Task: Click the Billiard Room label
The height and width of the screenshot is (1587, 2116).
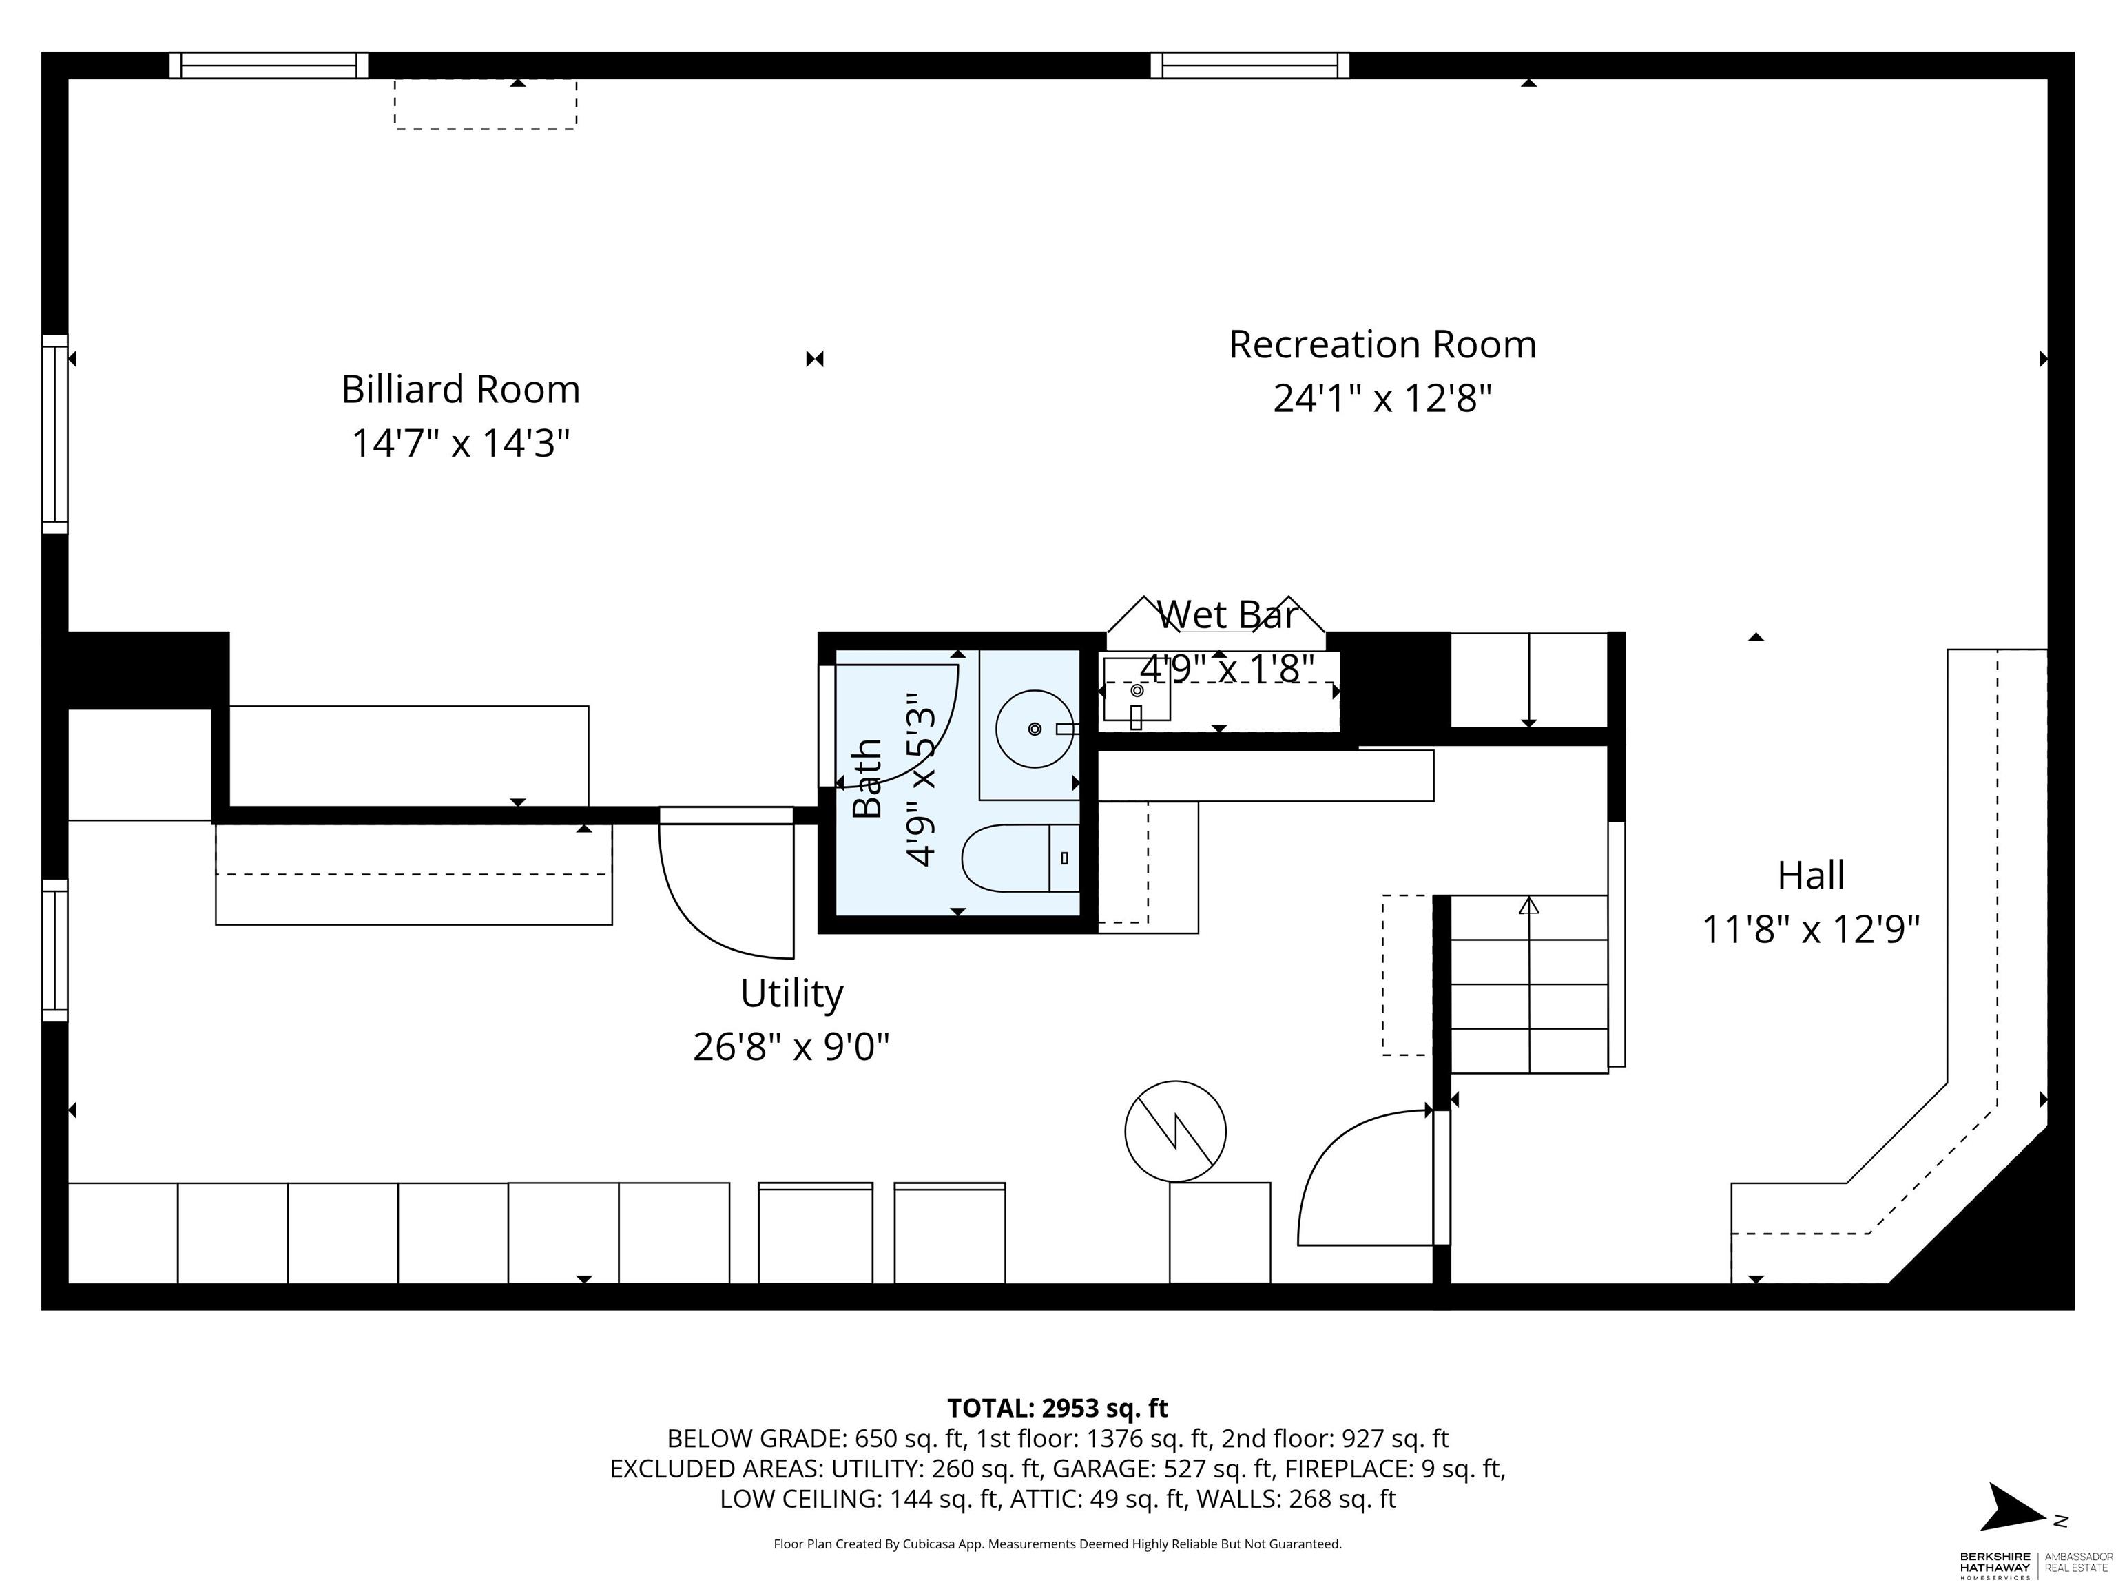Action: pos(460,389)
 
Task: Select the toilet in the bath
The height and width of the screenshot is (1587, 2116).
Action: pos(1021,858)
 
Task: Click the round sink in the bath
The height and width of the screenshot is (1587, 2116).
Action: pos(1034,729)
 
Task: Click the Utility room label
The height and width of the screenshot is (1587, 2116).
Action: pos(791,993)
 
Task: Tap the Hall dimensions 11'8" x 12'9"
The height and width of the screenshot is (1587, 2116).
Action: pos(1811,930)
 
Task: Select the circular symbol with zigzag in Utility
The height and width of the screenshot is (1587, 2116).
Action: pos(1174,1131)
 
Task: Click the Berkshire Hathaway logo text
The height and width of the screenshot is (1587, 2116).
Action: pos(1995,1563)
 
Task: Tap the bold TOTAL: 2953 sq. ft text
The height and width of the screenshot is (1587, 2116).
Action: pos(1057,1408)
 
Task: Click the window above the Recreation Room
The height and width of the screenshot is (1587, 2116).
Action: pos(1249,65)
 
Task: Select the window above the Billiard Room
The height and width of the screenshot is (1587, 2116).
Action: pos(269,65)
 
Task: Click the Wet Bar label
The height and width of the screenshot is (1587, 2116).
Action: pos(1227,615)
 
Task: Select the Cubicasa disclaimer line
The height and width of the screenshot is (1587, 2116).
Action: pos(1057,1544)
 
